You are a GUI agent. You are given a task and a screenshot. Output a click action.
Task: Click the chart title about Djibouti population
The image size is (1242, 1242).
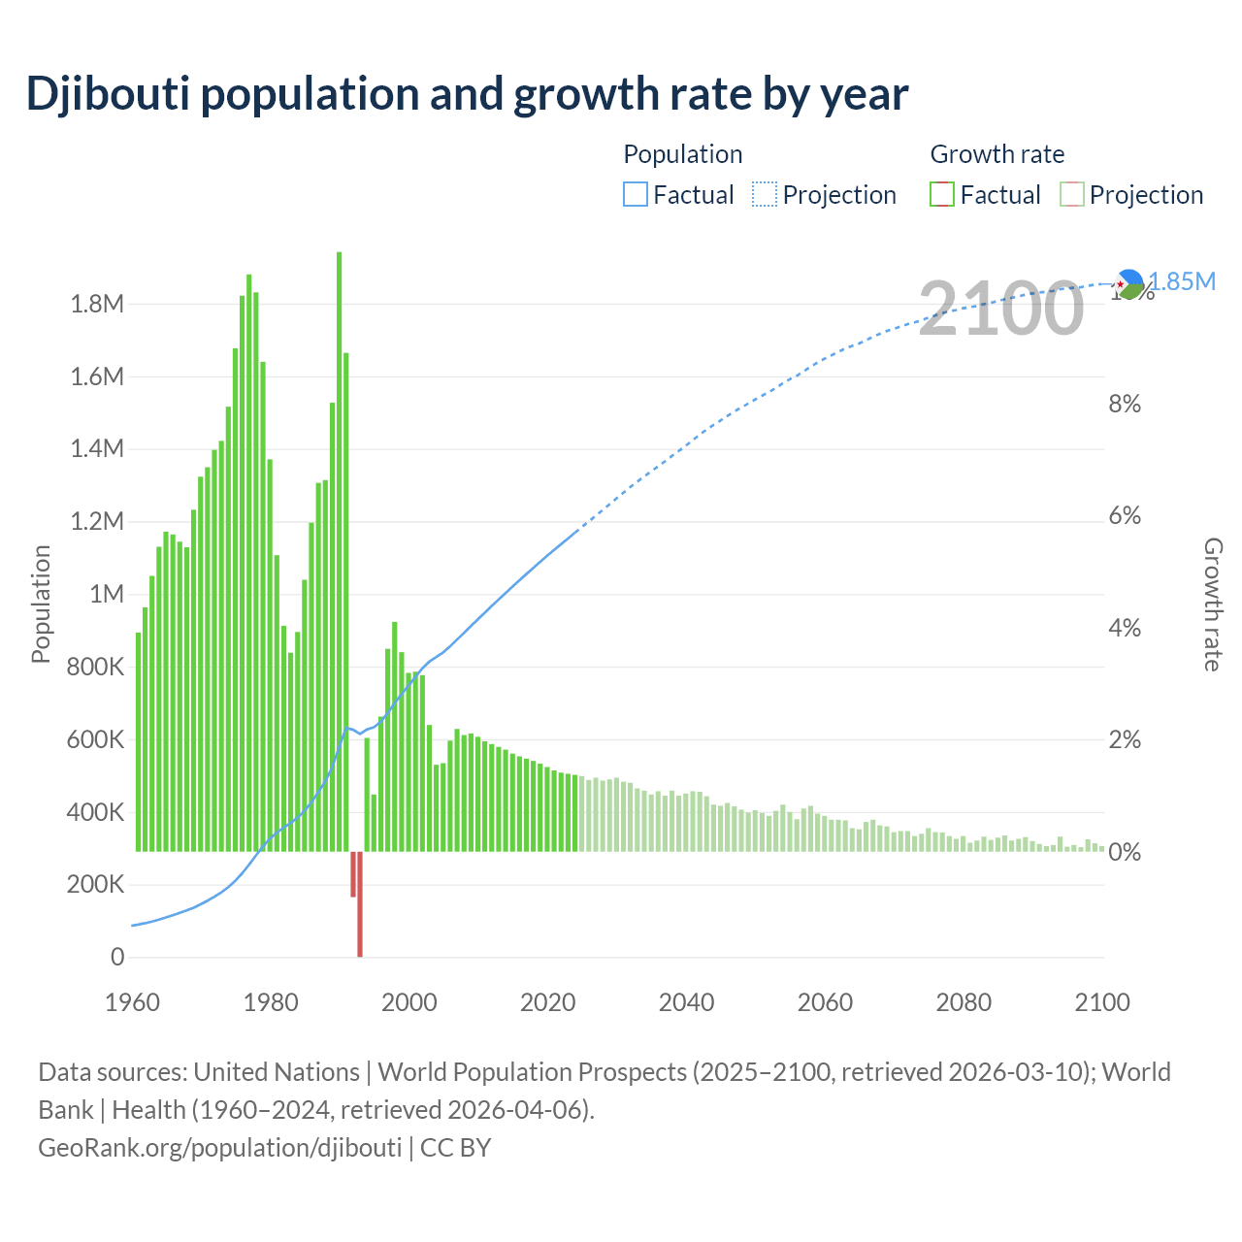tap(467, 94)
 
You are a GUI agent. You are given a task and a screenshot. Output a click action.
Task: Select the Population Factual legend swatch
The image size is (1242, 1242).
tap(635, 195)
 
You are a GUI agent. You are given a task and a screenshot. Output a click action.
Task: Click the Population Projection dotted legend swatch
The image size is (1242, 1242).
tap(765, 195)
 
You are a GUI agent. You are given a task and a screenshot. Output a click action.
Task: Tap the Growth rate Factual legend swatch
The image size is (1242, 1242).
tap(942, 195)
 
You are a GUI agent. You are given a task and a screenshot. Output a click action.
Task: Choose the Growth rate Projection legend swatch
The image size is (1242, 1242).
tap(1071, 195)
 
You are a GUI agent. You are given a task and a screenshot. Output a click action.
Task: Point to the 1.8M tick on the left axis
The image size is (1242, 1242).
tap(97, 305)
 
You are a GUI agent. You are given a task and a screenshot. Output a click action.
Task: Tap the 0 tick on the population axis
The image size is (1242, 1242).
tap(117, 958)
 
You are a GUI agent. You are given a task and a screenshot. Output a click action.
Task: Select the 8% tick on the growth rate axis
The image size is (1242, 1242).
tap(1125, 405)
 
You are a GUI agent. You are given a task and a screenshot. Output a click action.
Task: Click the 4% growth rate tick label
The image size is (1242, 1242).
tap(1125, 629)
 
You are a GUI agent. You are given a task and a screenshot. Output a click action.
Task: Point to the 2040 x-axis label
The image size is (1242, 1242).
tap(686, 1003)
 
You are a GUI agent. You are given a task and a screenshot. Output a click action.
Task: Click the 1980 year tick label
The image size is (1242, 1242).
tap(271, 1003)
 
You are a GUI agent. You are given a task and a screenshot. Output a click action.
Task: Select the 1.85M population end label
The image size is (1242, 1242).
tap(1182, 282)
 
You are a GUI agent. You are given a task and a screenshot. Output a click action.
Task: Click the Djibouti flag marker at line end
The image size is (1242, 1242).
tap(1128, 283)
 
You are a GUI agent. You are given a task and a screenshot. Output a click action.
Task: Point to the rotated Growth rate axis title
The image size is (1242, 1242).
tap(1213, 604)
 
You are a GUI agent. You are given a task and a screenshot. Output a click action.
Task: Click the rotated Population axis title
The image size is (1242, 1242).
tap(41, 604)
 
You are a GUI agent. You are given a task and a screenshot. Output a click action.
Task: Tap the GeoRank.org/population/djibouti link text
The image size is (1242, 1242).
tap(219, 1148)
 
